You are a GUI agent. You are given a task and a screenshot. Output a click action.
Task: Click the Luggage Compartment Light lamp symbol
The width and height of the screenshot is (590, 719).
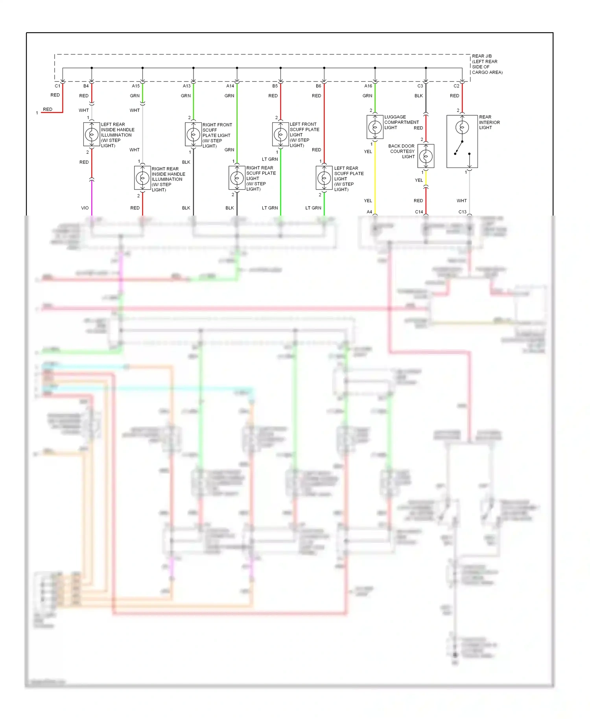point(375,127)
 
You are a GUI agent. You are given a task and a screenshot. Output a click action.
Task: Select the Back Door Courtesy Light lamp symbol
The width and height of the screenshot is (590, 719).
point(426,156)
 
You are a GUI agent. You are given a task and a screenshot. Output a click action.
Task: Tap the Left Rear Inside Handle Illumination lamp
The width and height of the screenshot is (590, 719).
point(92,135)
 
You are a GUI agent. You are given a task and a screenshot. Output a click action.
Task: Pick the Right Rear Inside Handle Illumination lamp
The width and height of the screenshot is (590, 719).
point(142,178)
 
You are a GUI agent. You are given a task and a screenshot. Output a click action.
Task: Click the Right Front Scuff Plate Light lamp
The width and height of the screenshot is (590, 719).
point(193,135)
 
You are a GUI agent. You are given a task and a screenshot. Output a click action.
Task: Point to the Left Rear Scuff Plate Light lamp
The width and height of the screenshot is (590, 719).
point(324,178)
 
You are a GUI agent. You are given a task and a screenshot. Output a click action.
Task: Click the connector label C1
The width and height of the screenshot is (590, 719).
point(57,86)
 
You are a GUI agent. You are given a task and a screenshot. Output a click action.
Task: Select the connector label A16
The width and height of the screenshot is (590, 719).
point(368,86)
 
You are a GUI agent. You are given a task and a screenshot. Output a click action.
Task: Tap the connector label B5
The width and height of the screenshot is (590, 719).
point(275,86)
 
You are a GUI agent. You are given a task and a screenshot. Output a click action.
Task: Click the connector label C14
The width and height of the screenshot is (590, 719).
point(419,212)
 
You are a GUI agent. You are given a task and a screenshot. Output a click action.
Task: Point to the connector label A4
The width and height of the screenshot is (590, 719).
point(369,212)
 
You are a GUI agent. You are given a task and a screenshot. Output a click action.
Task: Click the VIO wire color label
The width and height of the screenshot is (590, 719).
point(85,208)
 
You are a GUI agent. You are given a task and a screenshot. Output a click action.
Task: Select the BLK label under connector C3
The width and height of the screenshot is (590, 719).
point(419,96)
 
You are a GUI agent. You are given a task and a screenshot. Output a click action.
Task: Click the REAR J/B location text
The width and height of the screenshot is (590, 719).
point(487,64)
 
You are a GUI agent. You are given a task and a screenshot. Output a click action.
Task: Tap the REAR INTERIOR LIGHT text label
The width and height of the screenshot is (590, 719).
point(489,122)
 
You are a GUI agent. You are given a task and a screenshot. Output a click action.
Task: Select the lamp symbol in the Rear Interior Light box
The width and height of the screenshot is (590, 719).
point(462,127)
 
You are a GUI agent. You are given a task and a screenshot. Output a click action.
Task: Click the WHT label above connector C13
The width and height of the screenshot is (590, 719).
point(462,201)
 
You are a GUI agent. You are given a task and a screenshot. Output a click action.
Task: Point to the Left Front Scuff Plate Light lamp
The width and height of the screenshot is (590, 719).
point(280,135)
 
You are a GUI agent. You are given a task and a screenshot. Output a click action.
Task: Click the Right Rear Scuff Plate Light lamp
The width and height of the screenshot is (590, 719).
point(237,178)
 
